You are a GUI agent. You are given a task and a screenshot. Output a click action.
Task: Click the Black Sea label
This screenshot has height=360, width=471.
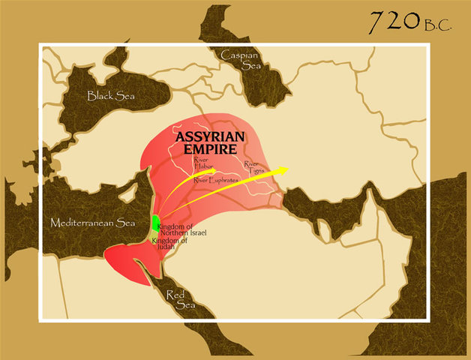pyautogui.click(x=111, y=95)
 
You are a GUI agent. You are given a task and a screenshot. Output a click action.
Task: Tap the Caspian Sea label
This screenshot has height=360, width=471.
pyautogui.click(x=241, y=59)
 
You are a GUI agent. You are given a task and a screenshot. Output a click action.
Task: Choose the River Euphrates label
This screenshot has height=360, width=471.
pyautogui.click(x=217, y=180)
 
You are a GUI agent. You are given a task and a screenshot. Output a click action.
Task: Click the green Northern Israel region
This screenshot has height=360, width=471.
pyautogui.click(x=155, y=223)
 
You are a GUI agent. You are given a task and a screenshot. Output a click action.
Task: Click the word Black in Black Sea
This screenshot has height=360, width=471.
pyautogui.click(x=100, y=95)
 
